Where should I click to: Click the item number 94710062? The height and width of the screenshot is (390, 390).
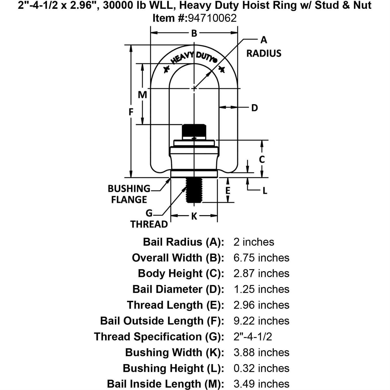[x=212, y=18]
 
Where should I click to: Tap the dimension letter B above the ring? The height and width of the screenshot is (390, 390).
[x=194, y=33]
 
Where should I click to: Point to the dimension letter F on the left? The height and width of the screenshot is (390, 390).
[x=131, y=112]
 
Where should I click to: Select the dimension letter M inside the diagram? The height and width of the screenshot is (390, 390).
[x=142, y=95]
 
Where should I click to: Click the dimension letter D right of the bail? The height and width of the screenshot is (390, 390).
[x=255, y=108]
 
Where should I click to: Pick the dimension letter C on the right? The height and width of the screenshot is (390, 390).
[x=262, y=159]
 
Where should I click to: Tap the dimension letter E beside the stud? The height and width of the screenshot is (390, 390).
[x=228, y=191]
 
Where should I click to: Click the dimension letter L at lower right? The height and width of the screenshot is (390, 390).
[x=265, y=191]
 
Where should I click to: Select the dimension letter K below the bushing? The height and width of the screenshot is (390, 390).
[x=194, y=216]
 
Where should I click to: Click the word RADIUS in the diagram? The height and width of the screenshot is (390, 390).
[x=264, y=53]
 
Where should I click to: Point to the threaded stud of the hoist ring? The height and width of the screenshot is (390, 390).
[x=194, y=190]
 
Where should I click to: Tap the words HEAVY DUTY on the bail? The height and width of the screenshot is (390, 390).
[x=194, y=58]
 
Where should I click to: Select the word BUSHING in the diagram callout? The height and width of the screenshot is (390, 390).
[x=129, y=188]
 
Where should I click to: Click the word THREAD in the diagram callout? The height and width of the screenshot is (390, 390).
[x=149, y=224]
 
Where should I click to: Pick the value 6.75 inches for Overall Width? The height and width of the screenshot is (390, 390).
[x=261, y=258]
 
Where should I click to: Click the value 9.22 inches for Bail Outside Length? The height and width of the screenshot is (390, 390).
[x=261, y=321]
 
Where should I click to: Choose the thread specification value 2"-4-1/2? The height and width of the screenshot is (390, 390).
[x=253, y=336]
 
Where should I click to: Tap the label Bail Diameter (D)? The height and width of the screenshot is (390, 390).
[x=178, y=289]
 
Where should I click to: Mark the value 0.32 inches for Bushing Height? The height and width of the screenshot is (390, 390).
[x=261, y=368]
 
